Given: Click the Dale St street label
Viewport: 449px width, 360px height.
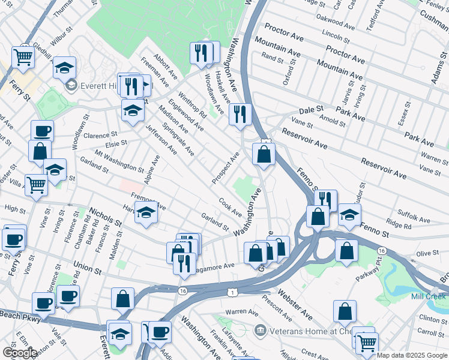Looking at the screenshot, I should (x=311, y=112).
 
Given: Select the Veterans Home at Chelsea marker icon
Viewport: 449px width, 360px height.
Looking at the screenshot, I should (x=260, y=329).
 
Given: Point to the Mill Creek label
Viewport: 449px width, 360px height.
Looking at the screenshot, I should (x=429, y=297).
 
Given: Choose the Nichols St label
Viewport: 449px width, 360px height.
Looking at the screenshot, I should (x=105, y=217).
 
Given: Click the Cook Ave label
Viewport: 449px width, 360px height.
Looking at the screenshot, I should (x=230, y=208).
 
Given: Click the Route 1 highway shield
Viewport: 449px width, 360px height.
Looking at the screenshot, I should (x=232, y=292).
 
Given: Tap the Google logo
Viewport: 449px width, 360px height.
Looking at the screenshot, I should (x=20, y=352).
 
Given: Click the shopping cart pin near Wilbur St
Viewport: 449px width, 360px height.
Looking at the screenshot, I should (x=23, y=56).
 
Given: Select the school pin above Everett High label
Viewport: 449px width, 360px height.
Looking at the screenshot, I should (x=64, y=67).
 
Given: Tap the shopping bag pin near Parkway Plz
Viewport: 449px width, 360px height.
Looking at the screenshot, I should (x=346, y=250).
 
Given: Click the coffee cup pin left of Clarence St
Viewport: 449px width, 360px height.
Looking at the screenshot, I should (x=42, y=131).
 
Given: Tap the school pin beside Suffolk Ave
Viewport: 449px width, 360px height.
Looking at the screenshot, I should (x=349, y=215).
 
